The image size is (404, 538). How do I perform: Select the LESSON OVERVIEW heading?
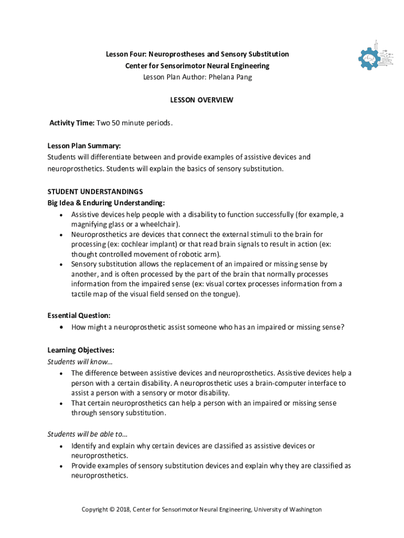click(201, 100)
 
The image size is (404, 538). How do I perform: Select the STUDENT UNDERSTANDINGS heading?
click(95, 191)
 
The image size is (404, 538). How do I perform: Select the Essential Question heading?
click(79, 316)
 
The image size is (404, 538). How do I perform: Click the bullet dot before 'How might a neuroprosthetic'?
click(62, 327)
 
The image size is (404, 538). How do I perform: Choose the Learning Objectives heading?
click(81, 350)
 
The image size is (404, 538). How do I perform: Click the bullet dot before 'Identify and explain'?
click(62, 446)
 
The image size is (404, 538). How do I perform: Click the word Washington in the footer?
click(303, 510)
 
